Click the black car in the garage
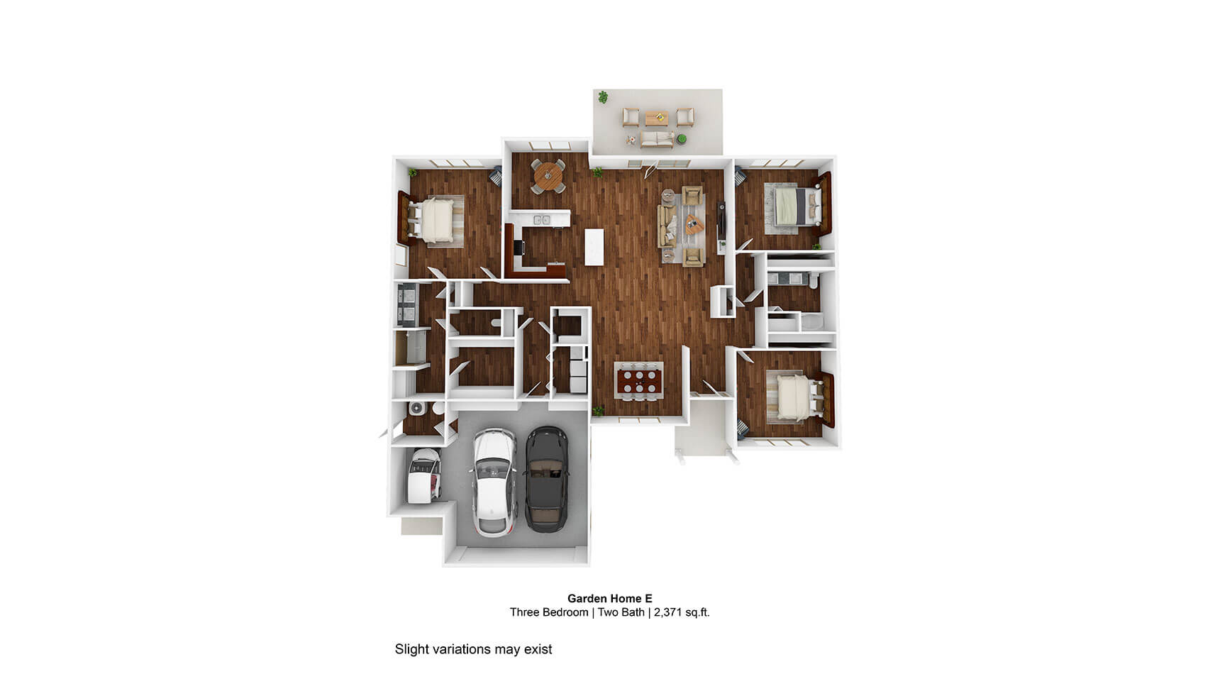pyautogui.click(x=546, y=479)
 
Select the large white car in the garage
pyautogui.click(x=494, y=482)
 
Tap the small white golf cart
pyautogui.click(x=424, y=475)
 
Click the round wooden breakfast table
pyautogui.click(x=548, y=176)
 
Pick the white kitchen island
pyautogui.click(x=594, y=248)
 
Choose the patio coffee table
pyautogui.click(x=656, y=116)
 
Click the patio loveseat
pyautogui.click(x=658, y=139)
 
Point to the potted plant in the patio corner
pyautogui.click(x=603, y=96)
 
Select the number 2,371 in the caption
pyautogui.click(x=667, y=612)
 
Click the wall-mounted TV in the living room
pyautogui.click(x=722, y=221)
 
